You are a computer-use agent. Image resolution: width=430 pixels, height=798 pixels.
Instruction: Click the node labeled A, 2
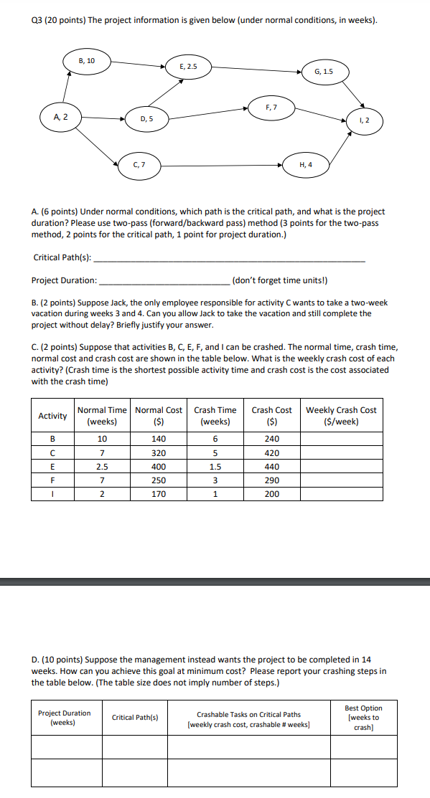tap(60, 116)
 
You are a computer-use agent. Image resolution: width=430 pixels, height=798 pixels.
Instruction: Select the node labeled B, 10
tap(87, 62)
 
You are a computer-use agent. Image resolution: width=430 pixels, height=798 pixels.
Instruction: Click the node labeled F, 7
tap(271, 108)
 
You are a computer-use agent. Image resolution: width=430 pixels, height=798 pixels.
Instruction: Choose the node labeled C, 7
tap(139, 164)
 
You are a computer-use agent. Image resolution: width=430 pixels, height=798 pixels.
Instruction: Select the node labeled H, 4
tap(305, 164)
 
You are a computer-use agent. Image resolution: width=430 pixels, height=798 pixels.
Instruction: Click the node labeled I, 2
tap(365, 120)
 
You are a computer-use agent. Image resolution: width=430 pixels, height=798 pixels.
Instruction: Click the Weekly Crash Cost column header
tap(341, 416)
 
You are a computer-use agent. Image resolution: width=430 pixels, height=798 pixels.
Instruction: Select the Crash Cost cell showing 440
tap(271, 467)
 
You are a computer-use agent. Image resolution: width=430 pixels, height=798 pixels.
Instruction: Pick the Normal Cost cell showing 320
tap(159, 453)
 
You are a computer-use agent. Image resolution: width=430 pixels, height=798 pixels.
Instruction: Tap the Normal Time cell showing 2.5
tap(103, 467)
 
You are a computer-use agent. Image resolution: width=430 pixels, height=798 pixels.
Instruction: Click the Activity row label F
tap(52, 480)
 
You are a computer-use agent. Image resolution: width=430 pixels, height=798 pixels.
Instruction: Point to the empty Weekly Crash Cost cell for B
tap(341, 440)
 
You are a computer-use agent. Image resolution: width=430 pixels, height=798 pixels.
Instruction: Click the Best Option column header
tap(364, 717)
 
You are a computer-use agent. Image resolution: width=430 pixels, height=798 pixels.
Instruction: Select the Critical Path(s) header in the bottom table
tap(135, 717)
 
